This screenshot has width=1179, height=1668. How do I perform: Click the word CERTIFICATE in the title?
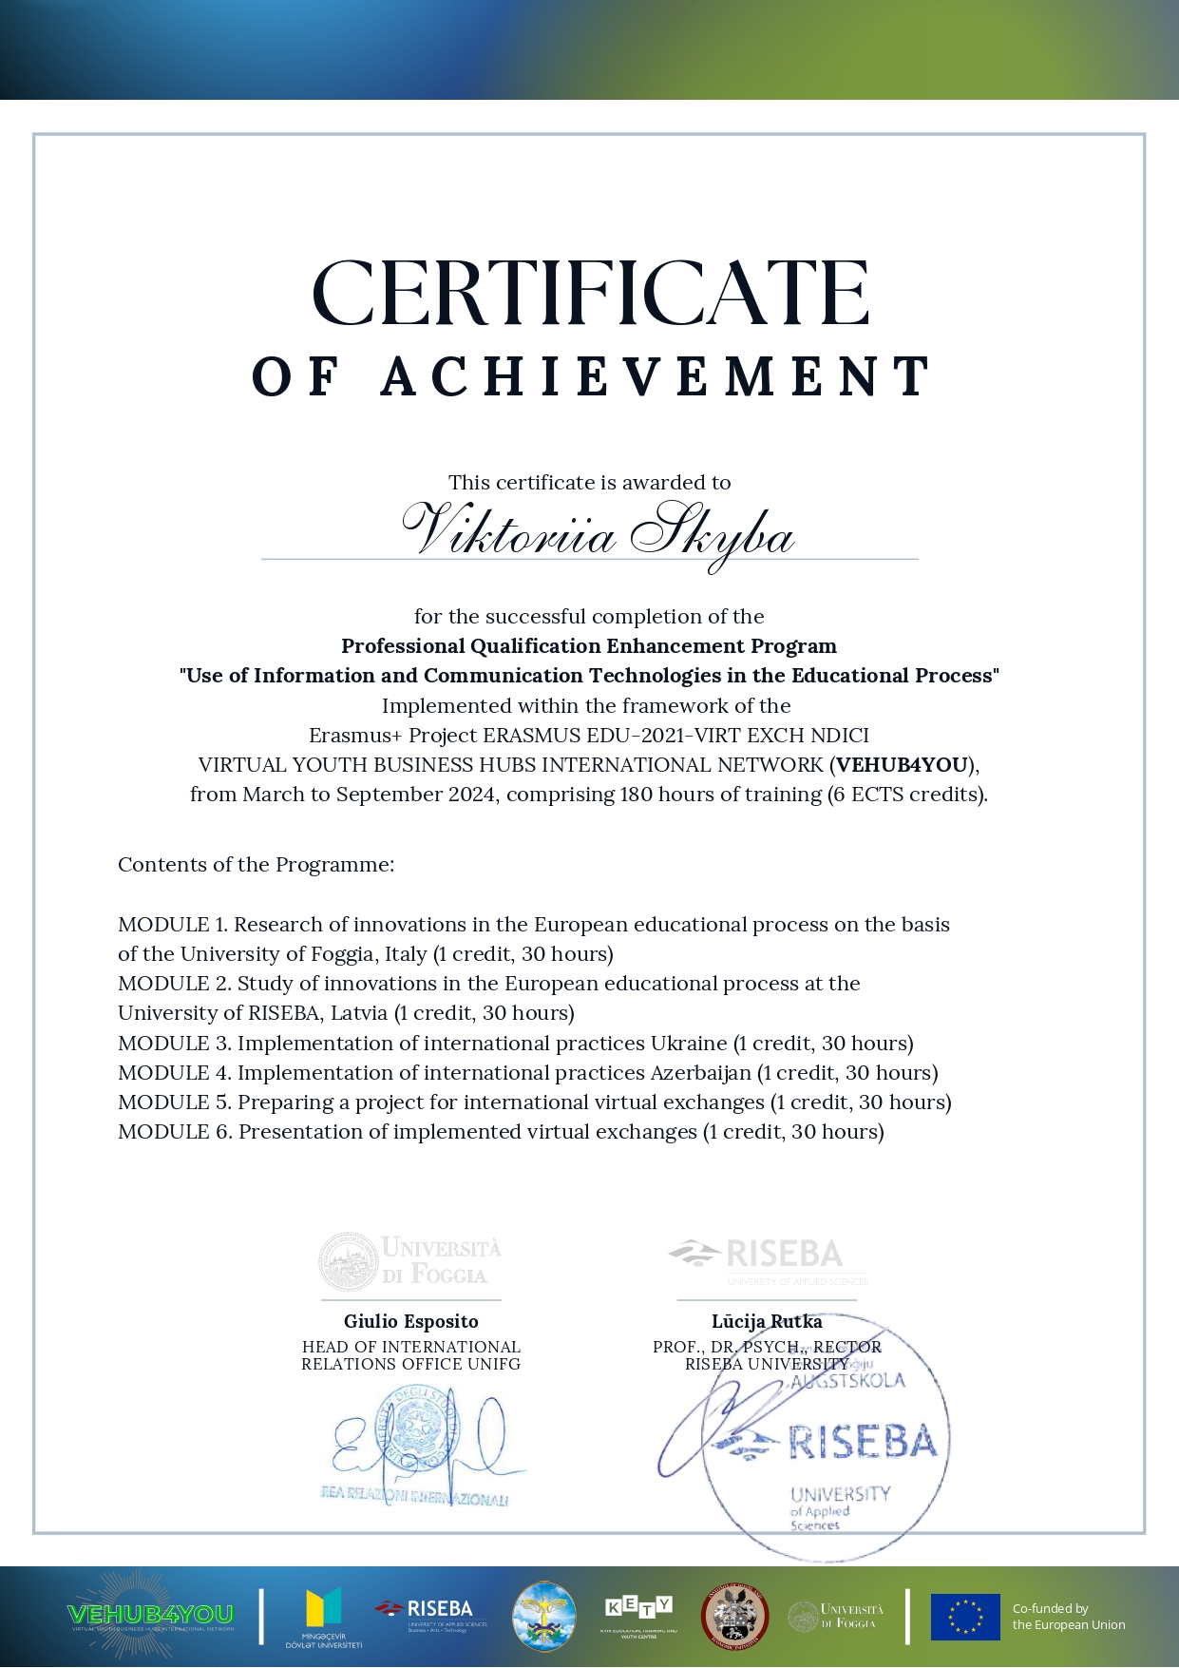coord(590,294)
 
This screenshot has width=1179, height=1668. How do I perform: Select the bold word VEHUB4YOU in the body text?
coord(903,765)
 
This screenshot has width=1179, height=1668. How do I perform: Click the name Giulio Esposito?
coord(411,1321)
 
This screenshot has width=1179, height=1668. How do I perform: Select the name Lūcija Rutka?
coord(767,1321)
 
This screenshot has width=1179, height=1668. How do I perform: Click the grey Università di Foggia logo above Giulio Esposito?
coord(410,1261)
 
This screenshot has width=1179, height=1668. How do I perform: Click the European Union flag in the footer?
coord(965,1617)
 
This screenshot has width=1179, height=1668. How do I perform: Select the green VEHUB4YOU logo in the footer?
coord(149,1615)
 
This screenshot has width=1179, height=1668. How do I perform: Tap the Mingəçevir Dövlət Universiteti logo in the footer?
coord(323,1617)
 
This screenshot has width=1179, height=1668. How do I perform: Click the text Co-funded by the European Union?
coord(1068,1617)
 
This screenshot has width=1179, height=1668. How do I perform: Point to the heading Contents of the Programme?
coord(257,865)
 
